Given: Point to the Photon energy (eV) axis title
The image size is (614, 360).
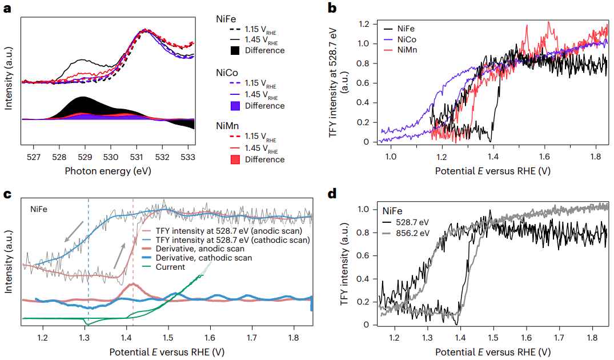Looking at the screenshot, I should [x=109, y=170].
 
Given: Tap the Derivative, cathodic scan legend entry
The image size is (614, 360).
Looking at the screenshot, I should [x=210, y=258].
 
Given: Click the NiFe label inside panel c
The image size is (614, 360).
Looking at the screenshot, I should [x=40, y=209].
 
